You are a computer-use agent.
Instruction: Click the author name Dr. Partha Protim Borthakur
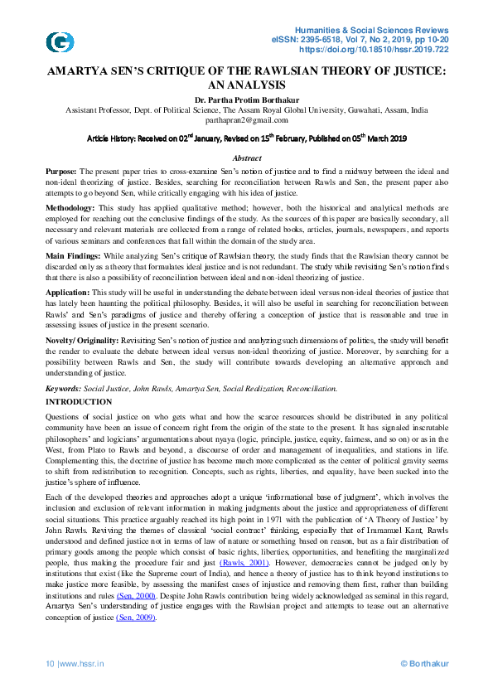[x=246, y=99]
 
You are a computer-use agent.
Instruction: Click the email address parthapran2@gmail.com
[x=246, y=119]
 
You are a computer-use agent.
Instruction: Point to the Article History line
[x=246, y=138]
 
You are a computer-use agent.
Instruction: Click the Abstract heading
[x=246, y=158]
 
